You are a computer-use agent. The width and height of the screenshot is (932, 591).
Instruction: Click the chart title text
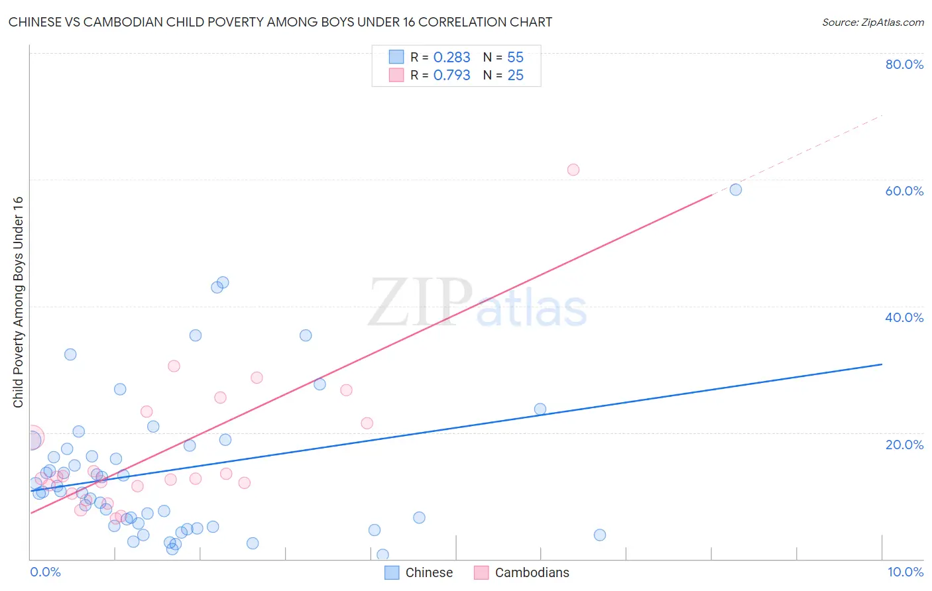pos(280,22)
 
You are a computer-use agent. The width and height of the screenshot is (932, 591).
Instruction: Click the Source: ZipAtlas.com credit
pos(872,22)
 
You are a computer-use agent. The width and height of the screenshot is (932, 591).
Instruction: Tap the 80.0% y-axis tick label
pos(904,64)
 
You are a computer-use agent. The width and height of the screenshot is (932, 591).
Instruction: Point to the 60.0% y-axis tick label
pos(904,191)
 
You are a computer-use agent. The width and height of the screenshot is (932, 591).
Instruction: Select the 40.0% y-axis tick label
pos(904,317)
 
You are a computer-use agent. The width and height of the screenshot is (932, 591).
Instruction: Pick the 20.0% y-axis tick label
pos(904,444)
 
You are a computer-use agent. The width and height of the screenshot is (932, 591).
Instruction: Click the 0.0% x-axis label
pos(45,572)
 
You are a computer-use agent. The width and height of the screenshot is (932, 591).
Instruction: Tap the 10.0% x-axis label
pos(905,572)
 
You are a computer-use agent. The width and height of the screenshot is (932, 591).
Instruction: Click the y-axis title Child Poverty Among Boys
pos(19,302)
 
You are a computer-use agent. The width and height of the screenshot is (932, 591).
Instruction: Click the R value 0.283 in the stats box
pos(451,58)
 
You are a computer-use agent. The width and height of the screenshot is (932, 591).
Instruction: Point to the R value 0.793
pos(451,76)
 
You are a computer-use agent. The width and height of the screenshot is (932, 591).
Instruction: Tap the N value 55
pos(515,58)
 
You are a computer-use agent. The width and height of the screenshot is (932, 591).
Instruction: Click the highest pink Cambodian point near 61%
pos(573,170)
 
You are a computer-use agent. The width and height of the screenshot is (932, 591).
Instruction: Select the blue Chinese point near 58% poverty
pos(736,189)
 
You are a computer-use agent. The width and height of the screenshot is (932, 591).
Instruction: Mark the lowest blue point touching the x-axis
pos(382,555)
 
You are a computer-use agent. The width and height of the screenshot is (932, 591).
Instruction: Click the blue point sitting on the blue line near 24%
pos(540,409)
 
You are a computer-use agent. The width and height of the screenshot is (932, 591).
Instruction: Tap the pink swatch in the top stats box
pos(396,75)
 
